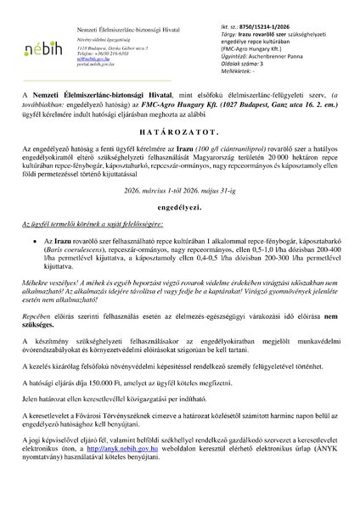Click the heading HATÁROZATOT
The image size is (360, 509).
pos(180,136)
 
